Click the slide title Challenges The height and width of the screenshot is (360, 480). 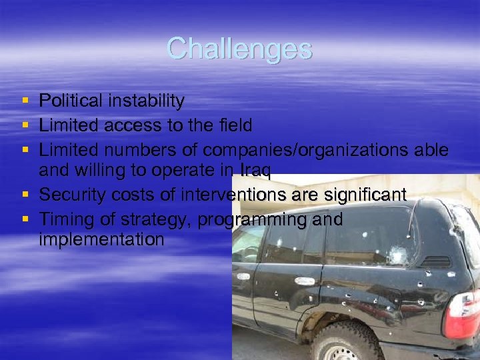[x=239, y=48]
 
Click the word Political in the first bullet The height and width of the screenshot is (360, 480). [x=69, y=101]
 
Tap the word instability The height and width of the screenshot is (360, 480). [x=144, y=101]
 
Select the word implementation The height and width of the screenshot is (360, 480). [x=101, y=239]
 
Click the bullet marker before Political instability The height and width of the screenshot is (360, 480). [x=25, y=101]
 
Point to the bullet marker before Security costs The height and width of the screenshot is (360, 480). [x=25, y=195]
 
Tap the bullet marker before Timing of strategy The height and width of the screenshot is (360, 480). [x=25, y=219]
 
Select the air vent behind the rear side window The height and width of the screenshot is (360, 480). [x=436, y=261]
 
